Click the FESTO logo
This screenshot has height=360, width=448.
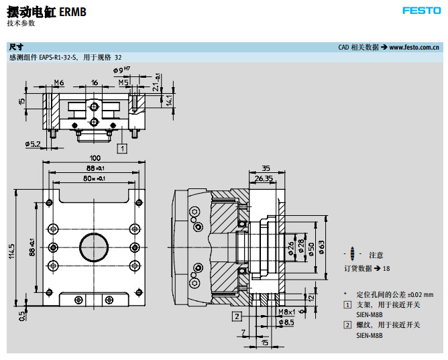pos(421,11)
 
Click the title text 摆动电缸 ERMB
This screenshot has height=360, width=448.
pos(46,11)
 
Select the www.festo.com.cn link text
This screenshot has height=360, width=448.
pos(414,48)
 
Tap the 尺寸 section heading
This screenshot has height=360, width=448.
pos(16,48)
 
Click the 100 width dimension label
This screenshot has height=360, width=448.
pos(95,158)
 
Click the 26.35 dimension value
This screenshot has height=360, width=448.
pos(264,178)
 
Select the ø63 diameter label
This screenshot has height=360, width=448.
pos(321,247)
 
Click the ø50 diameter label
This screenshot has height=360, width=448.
pos(311,247)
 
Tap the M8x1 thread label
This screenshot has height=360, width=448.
pos(286,312)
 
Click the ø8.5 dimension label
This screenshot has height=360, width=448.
pos(286,322)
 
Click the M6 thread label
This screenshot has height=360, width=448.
pos(58,82)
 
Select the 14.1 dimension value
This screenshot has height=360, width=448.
pos(170,100)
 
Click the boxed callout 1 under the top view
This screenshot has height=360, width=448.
pos(121,148)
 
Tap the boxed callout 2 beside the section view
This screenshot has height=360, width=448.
pos(237,315)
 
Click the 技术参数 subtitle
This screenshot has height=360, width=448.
pos(21,23)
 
